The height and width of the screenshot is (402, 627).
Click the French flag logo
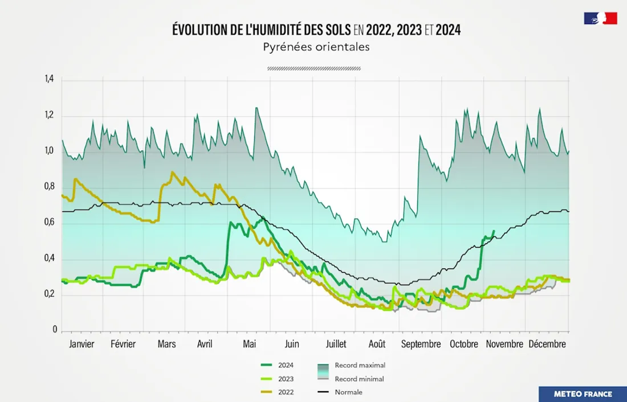pyautogui.click(x=600, y=18)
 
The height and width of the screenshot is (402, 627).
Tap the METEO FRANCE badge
pyautogui.click(x=583, y=393)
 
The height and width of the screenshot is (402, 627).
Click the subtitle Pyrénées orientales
pyautogui.click(x=316, y=47)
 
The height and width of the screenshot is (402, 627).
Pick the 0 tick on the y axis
pyautogui.click(x=55, y=330)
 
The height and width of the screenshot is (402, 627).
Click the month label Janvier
pyautogui.click(x=82, y=344)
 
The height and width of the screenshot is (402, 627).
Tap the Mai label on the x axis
pyautogui.click(x=250, y=344)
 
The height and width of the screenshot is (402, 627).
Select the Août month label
pyautogui.click(x=377, y=344)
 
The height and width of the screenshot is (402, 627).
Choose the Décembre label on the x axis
pyautogui.click(x=547, y=344)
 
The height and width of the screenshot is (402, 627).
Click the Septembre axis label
pyautogui.click(x=421, y=344)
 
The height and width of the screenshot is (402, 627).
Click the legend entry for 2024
pyautogui.click(x=286, y=365)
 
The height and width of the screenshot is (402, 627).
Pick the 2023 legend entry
pyautogui.click(x=286, y=379)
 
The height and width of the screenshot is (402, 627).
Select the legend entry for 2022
pyautogui.click(x=286, y=392)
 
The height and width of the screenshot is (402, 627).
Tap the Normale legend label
pyautogui.click(x=349, y=392)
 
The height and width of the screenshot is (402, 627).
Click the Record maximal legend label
pyautogui.click(x=360, y=365)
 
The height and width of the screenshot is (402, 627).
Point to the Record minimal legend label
pyautogui.click(x=359, y=379)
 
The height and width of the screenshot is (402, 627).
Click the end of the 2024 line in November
pyautogui.click(x=494, y=231)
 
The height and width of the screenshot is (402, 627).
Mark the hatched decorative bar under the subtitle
pyautogui.click(x=314, y=68)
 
